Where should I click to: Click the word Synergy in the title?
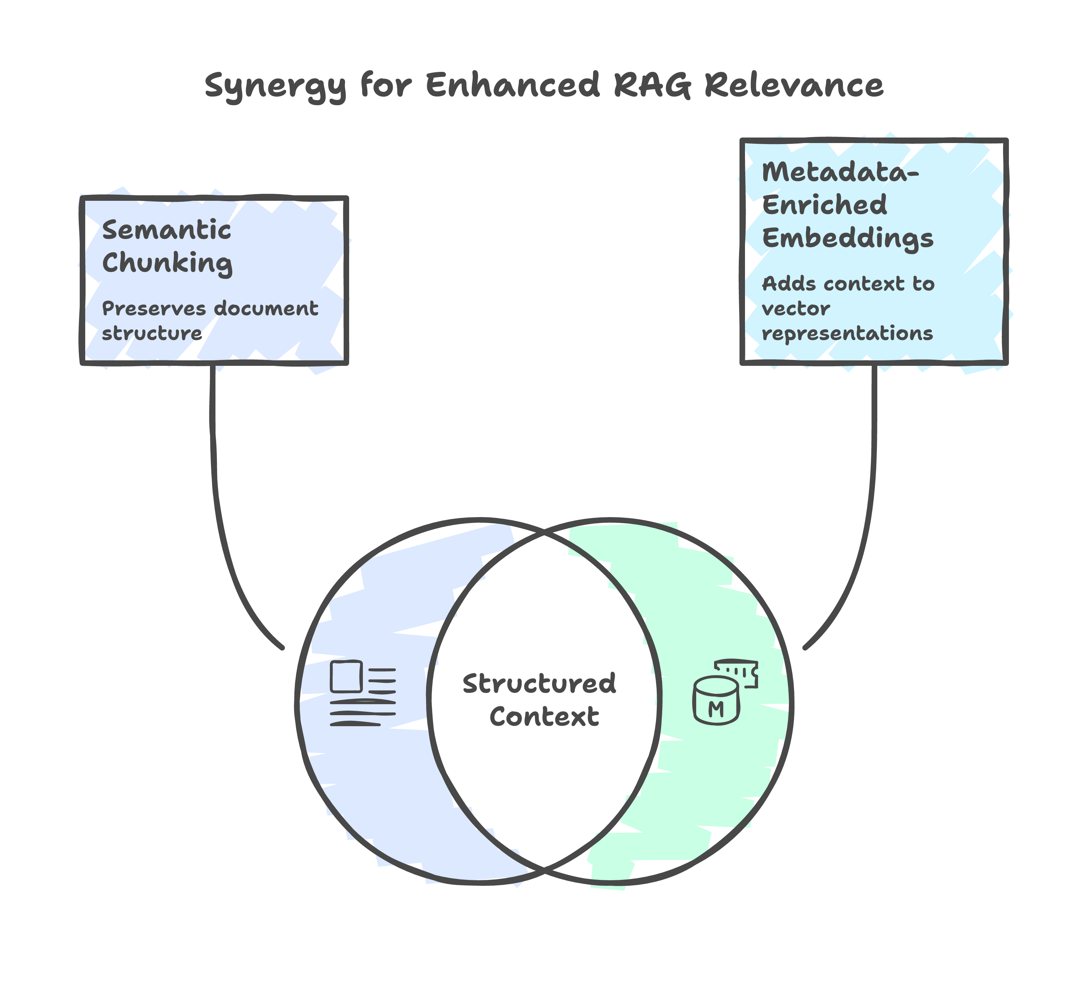[275, 86]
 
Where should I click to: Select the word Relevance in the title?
[794, 85]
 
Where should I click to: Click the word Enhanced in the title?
[512, 85]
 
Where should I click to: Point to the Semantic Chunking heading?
[167, 247]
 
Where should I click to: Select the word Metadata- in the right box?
[840, 172]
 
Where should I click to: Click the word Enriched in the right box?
[824, 205]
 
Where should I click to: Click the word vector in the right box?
[796, 309]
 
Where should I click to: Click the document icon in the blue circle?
[363, 693]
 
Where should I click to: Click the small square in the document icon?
[346, 677]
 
